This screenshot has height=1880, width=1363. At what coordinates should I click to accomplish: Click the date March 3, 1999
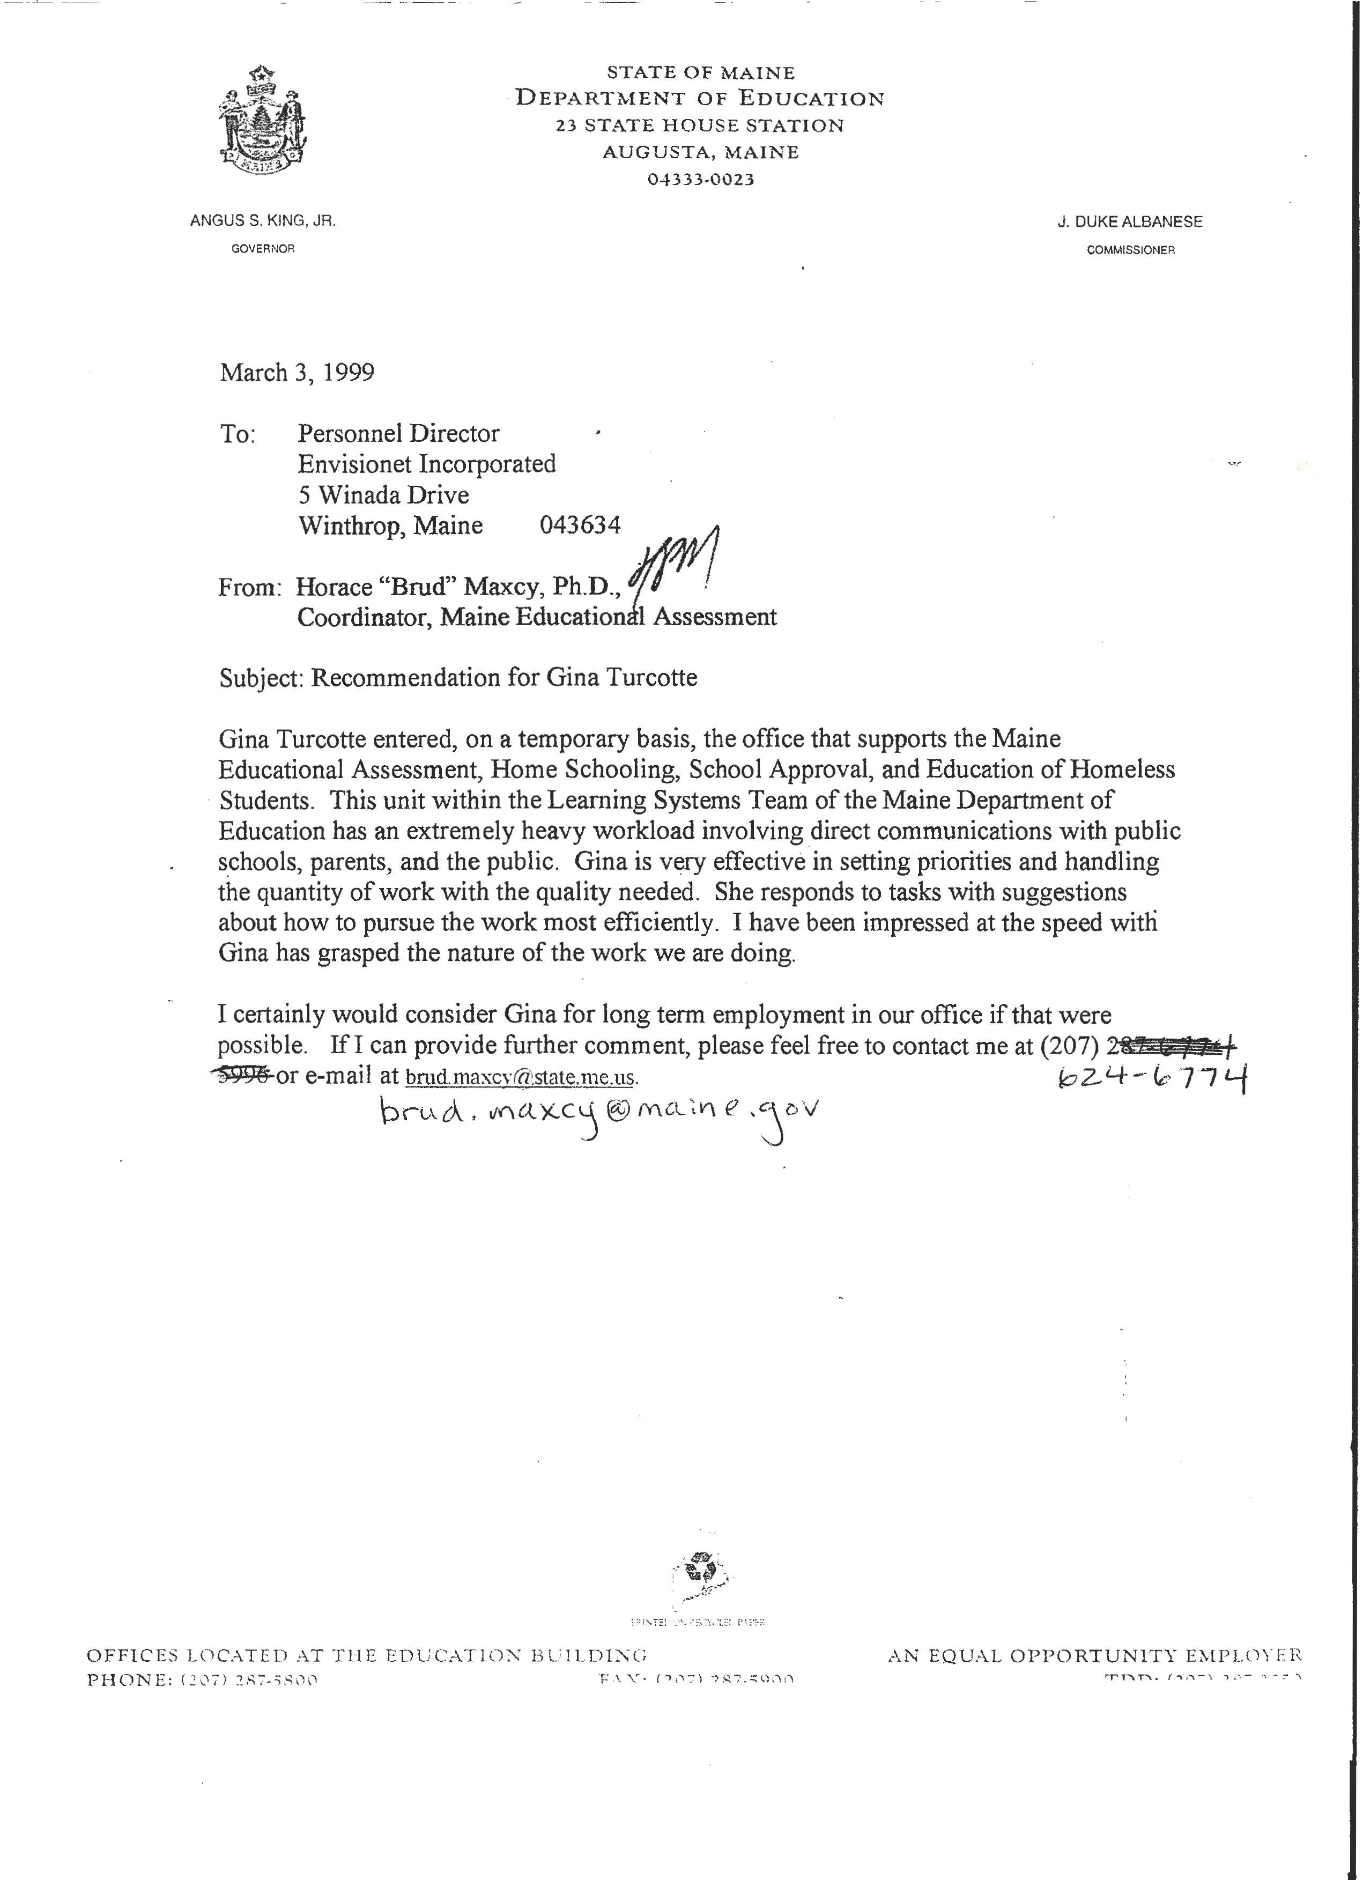click(x=297, y=372)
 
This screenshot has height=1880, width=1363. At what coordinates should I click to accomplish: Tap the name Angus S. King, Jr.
click(x=263, y=221)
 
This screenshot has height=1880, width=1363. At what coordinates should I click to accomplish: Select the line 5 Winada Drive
click(x=384, y=495)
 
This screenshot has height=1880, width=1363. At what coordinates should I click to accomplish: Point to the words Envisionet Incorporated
click(x=427, y=463)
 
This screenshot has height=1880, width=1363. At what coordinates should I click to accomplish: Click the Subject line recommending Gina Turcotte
click(x=458, y=677)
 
